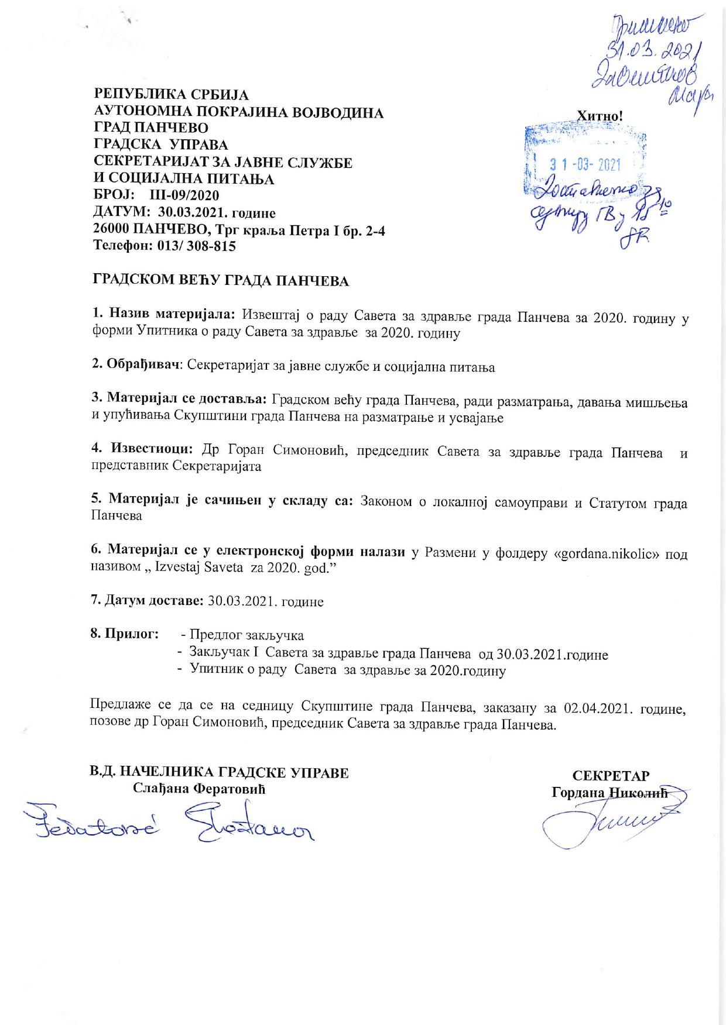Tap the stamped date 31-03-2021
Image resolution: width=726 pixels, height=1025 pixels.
coord(585,165)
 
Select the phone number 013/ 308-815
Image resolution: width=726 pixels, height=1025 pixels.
coord(196,246)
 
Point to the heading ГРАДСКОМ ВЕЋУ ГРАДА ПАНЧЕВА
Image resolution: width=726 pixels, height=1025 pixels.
coord(221,281)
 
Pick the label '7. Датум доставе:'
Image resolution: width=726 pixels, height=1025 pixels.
coord(147,601)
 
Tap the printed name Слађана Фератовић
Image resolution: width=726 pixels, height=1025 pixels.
coord(199,789)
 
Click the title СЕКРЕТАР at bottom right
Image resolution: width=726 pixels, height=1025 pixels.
coord(611,776)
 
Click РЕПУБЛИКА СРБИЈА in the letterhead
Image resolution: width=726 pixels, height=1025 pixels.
coord(172,94)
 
